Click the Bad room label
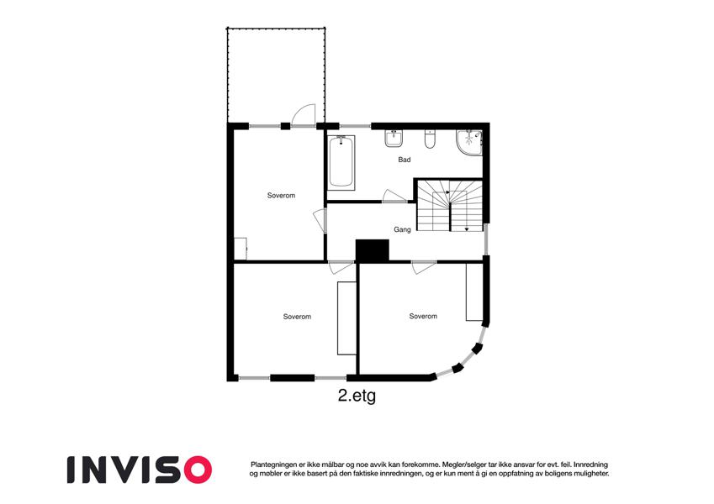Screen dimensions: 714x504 405,160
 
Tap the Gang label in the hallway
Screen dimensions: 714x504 402,229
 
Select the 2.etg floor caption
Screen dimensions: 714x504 357,396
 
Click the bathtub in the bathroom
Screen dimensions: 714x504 341,162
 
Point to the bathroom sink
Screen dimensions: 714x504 394,139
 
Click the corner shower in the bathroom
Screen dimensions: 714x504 469,142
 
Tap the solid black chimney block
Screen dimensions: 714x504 372,250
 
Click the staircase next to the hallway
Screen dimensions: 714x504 450,206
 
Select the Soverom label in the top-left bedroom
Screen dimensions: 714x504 281,196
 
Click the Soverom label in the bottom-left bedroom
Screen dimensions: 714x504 297,317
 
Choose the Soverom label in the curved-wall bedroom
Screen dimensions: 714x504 423,316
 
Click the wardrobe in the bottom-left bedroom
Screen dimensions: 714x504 346,318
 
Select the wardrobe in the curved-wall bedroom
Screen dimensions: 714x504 474,291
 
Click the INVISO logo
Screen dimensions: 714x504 140,470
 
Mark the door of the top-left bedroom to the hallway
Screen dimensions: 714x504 320,221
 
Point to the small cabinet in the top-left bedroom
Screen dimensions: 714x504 241,249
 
